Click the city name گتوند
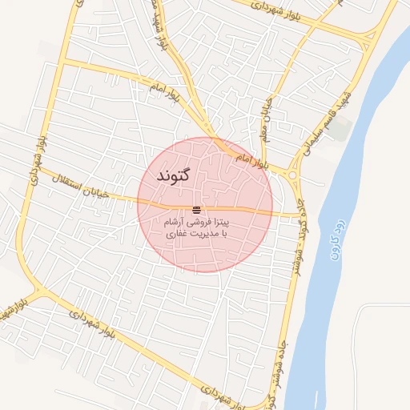point(173,175)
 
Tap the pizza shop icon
point(197,209)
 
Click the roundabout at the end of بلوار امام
point(291,175)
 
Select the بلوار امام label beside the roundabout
point(250,159)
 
